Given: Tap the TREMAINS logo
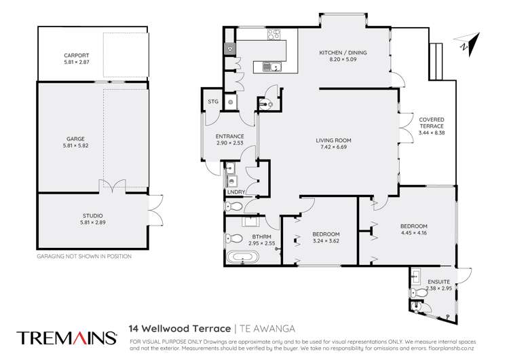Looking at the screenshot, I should pos(67,337).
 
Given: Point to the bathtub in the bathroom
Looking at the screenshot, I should pos(241,257).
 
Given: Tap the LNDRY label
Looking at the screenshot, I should pos(235,192).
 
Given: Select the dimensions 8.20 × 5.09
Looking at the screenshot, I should pos(337,59).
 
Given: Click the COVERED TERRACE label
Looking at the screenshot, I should pos(431,123).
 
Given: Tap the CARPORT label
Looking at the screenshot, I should pos(77,56).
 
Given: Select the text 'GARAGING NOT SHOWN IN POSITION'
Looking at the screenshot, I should pos(83,257).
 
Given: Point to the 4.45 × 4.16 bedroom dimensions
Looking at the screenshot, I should pos(413,233).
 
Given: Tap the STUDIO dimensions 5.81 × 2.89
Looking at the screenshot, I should pos(93,222).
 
